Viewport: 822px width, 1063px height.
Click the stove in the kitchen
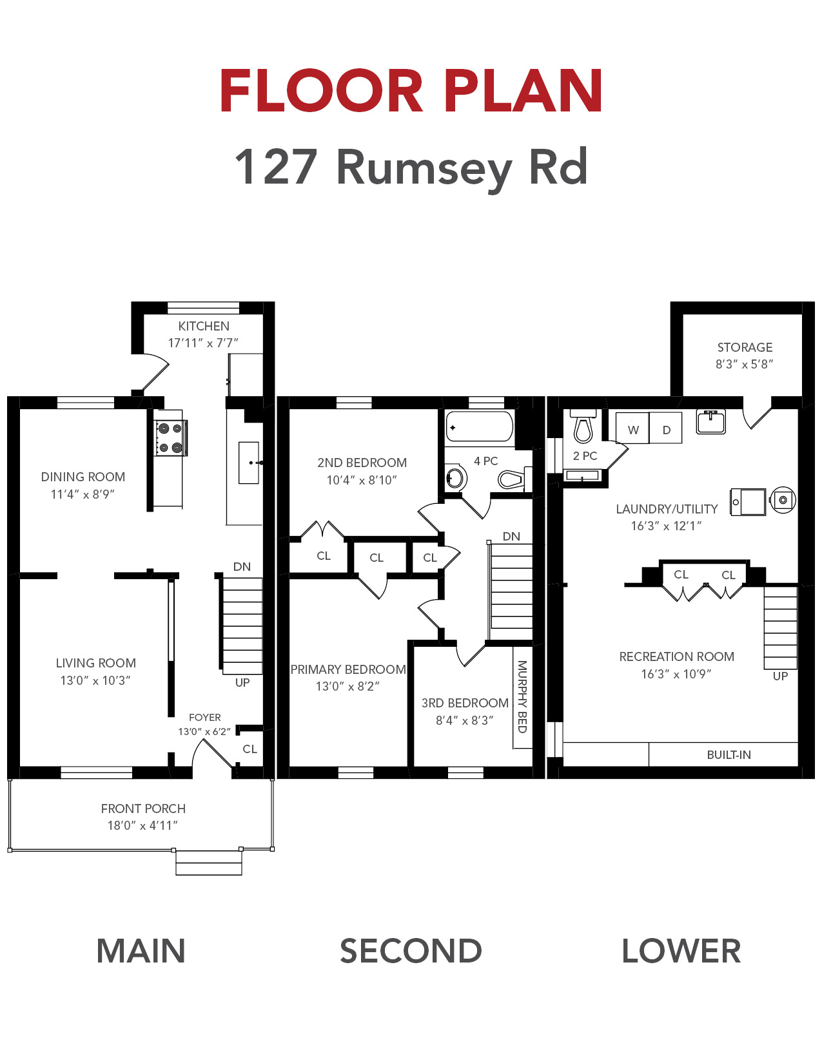pyautogui.click(x=171, y=438)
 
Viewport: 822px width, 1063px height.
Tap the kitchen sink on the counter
pyautogui.click(x=249, y=463)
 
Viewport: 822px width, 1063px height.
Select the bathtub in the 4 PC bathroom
pyautogui.click(x=479, y=426)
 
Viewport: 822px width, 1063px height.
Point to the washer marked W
pyautogui.click(x=632, y=428)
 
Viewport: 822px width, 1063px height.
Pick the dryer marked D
pyautogui.click(x=666, y=428)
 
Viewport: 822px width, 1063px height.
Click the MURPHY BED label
pyautogui.click(x=522, y=696)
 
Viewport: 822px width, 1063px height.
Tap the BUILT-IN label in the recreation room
pyautogui.click(x=729, y=755)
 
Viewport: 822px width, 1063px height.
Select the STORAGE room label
pyautogui.click(x=745, y=347)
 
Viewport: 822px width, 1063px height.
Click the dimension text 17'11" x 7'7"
pyautogui.click(x=203, y=343)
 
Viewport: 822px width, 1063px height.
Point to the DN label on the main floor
pyautogui.click(x=242, y=566)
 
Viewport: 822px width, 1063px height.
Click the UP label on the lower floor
pyautogui.click(x=780, y=676)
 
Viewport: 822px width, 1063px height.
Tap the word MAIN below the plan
pyautogui.click(x=141, y=952)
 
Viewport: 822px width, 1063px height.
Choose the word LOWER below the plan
pyautogui.click(x=681, y=952)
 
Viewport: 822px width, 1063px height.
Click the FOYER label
pyautogui.click(x=204, y=717)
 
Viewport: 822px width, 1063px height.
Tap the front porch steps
pyautogui.click(x=208, y=863)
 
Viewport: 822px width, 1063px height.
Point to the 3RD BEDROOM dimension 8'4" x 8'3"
pyautogui.click(x=465, y=720)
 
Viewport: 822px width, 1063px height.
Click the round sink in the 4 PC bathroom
pyautogui.click(x=455, y=477)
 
